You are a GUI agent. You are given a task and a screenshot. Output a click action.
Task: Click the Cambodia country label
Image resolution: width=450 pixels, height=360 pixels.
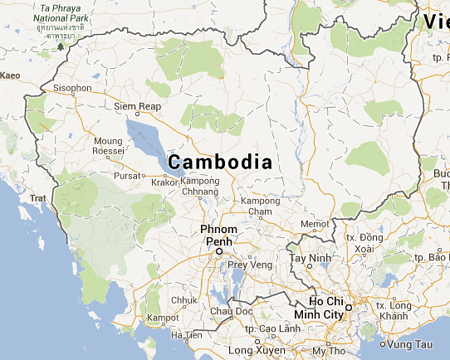(x=219, y=161)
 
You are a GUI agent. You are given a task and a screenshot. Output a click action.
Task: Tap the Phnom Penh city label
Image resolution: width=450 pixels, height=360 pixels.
(x=219, y=235)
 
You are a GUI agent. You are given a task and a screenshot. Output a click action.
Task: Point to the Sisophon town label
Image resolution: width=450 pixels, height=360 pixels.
(x=72, y=87)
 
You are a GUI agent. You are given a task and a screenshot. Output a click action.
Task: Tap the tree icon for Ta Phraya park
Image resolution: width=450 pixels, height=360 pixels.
(x=60, y=46)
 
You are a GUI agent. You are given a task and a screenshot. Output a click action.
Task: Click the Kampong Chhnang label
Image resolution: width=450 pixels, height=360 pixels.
(x=200, y=187)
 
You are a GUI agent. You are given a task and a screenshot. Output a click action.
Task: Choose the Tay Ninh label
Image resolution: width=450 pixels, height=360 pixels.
(x=309, y=257)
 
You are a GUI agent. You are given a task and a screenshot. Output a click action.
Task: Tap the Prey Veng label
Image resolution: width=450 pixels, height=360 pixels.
(x=250, y=265)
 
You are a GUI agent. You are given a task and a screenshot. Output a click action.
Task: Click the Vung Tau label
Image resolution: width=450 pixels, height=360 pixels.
(x=410, y=343)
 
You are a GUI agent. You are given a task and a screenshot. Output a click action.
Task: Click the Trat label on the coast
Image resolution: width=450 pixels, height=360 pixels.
(x=38, y=198)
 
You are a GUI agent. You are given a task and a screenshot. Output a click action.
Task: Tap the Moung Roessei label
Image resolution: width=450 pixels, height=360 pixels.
(x=108, y=146)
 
